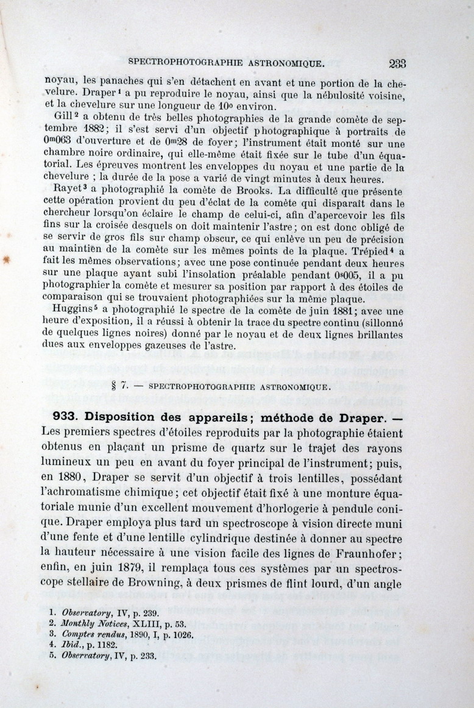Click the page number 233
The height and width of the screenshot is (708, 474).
(x=396, y=63)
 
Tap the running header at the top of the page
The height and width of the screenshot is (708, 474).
(x=226, y=62)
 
